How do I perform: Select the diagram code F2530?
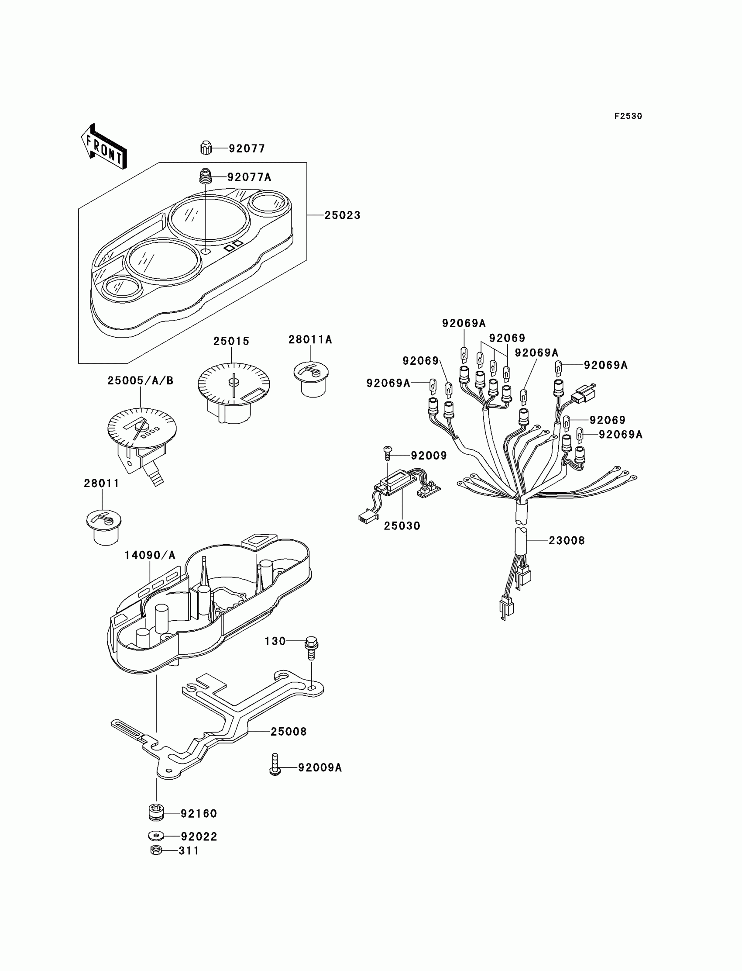point(628,116)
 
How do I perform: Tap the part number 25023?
point(342,215)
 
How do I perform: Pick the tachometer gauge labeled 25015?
point(233,386)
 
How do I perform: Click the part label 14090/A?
point(150,555)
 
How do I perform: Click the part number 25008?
point(289,732)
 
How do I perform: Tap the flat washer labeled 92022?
point(155,836)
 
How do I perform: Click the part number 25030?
point(402,525)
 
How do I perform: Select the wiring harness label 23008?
point(566,540)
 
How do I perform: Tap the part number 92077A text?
point(249,177)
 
